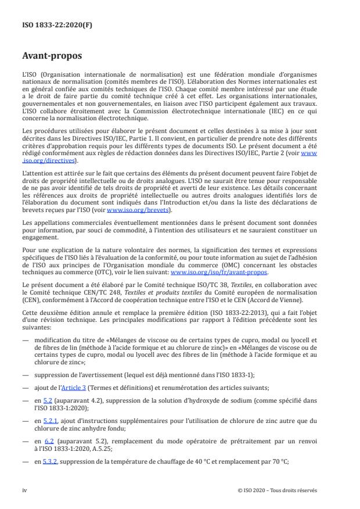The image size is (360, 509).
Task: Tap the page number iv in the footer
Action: coord(24,490)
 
